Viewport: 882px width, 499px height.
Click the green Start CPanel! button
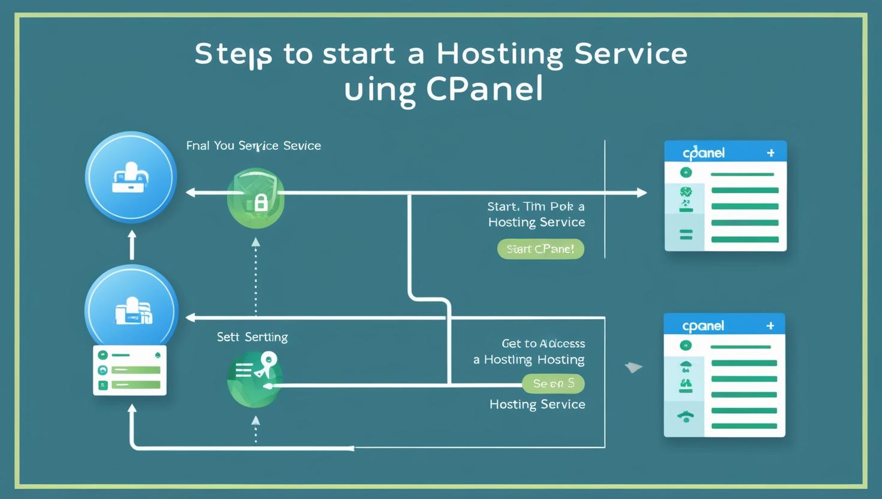pyautogui.click(x=540, y=249)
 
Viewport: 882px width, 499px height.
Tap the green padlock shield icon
pyautogui.click(x=256, y=199)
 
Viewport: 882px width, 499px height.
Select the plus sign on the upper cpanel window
pyautogui.click(x=771, y=153)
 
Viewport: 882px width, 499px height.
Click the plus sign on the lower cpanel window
pyautogui.click(x=770, y=326)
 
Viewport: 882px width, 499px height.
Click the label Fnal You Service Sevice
pyautogui.click(x=253, y=146)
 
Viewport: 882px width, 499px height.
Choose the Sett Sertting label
pyautogui.click(x=252, y=337)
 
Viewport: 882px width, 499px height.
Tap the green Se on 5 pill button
pyautogui.click(x=553, y=383)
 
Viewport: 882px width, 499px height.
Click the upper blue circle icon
pyautogui.click(x=131, y=178)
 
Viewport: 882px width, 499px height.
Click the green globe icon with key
pyautogui.click(x=255, y=378)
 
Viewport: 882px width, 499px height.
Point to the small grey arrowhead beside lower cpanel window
pyautogui.click(x=633, y=367)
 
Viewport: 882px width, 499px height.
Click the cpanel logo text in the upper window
pyautogui.click(x=703, y=153)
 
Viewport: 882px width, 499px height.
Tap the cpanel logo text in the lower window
pyautogui.click(x=703, y=326)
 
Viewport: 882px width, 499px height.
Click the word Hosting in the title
pyautogui.click(x=500, y=54)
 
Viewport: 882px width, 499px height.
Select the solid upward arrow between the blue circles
pyautogui.click(x=132, y=245)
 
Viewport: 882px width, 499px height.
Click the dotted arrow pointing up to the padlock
pyautogui.click(x=256, y=273)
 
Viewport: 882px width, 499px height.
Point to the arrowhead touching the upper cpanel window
pyautogui.click(x=641, y=193)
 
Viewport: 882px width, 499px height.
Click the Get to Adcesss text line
pyautogui.click(x=543, y=344)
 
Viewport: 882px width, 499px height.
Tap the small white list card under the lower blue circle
pyautogui.click(x=130, y=370)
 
